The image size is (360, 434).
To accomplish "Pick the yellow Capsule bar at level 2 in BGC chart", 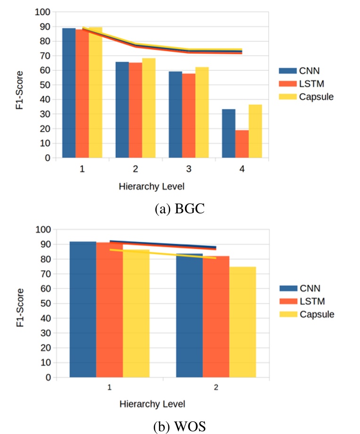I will coord(149,109).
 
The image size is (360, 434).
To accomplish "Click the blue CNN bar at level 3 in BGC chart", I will coord(176,115).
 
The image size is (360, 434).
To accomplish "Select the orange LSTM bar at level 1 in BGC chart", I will coord(82,94).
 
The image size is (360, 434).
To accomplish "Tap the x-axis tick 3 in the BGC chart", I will coord(189,169).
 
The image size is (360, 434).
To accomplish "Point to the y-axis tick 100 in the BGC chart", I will coord(42,12).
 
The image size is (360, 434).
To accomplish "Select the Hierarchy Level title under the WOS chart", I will coord(152,404).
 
